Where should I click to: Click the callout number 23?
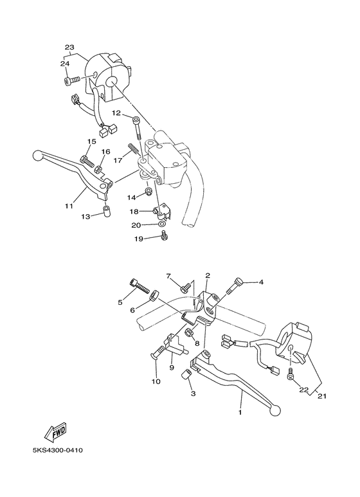click(x=70, y=47)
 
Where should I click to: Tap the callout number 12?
click(x=116, y=113)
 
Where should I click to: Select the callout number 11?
click(x=69, y=206)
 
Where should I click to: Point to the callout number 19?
click(x=138, y=239)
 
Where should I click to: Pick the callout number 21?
click(x=322, y=395)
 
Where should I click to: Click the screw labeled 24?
click(x=72, y=80)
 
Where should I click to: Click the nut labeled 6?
click(x=154, y=296)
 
